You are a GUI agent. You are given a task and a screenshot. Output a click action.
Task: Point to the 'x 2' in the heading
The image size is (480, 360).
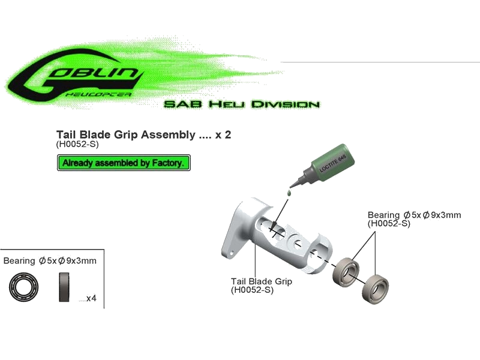pyautogui.click(x=223, y=135)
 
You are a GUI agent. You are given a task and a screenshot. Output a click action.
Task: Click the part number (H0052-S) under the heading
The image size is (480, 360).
pyautogui.click(x=77, y=145)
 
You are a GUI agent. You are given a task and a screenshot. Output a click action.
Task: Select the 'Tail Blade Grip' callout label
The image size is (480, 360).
pyautogui.click(x=262, y=281)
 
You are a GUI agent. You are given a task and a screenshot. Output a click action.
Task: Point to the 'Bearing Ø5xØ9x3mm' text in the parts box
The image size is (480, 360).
pyautogui.click(x=51, y=261)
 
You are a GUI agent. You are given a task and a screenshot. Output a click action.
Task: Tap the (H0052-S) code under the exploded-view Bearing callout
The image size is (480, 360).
pyautogui.click(x=388, y=223)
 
